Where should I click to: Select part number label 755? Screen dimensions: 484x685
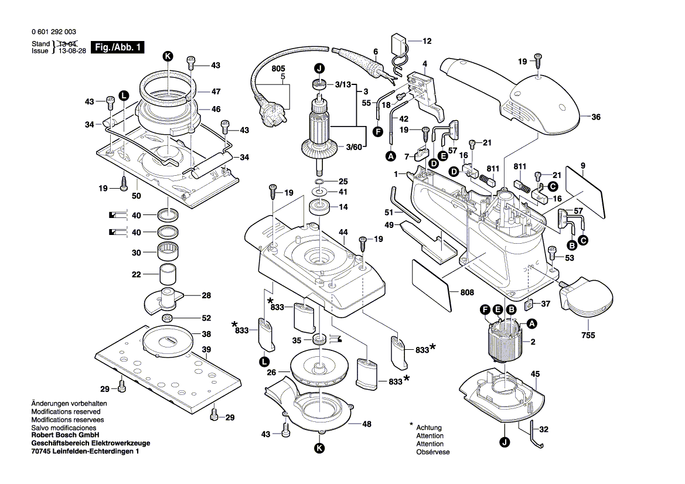[x=588, y=335]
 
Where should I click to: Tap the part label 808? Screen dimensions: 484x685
[x=467, y=292]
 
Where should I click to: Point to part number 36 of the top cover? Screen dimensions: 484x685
[x=596, y=117]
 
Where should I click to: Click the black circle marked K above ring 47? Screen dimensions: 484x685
[x=168, y=56]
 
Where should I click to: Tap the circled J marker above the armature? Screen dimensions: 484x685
[x=319, y=68]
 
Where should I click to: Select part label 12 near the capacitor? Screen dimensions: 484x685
[x=427, y=41]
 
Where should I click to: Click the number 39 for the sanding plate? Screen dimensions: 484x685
[x=206, y=350]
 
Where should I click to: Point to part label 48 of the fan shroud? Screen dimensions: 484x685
[x=366, y=424]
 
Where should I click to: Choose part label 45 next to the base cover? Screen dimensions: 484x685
[x=535, y=374]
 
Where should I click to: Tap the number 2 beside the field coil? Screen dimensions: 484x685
[x=533, y=342]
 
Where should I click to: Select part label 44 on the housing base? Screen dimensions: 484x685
[x=343, y=233]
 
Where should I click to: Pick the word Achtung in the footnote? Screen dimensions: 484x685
[x=429, y=428]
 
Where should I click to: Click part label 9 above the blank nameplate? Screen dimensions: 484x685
[x=583, y=166]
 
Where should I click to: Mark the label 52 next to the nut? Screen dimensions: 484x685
[x=206, y=318]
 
